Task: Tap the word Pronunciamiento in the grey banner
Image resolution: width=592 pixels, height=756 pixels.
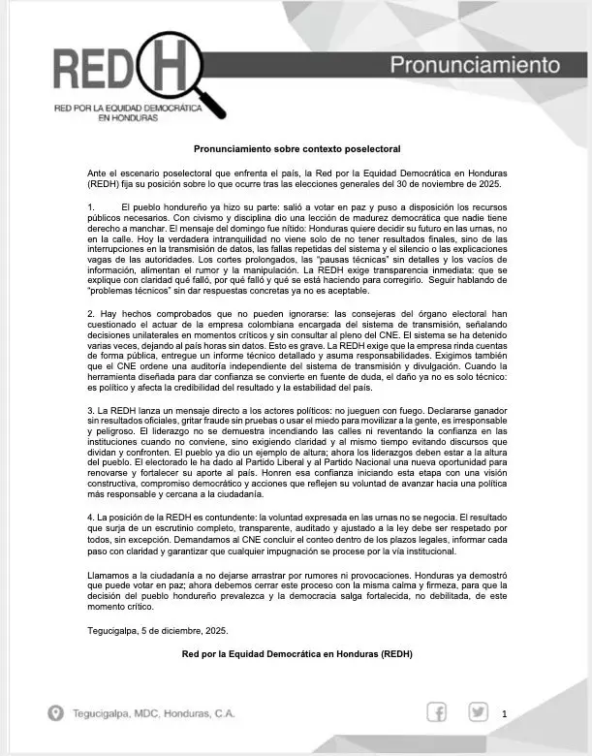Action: (476, 65)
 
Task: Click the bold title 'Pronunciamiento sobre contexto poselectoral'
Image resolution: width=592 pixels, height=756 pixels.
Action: (296, 150)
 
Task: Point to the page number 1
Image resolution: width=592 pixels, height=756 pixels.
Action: (505, 715)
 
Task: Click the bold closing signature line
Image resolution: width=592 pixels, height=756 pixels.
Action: (296, 654)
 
